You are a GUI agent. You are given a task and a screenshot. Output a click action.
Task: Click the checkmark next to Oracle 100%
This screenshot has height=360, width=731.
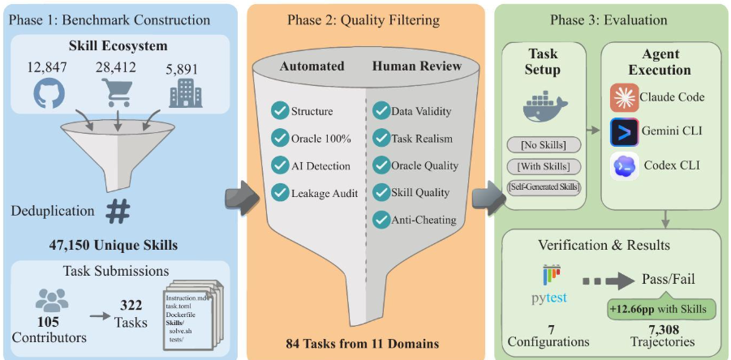coord(280,139)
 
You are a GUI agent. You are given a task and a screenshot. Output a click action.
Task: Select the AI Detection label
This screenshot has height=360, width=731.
coord(321,165)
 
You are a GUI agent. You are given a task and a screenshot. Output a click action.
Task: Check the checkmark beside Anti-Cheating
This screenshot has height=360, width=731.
coord(381,219)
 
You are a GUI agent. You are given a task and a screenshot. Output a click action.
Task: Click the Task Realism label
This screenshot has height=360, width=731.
coord(422,138)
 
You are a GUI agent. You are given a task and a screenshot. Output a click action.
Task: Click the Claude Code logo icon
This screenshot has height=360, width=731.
coord(624,98)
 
